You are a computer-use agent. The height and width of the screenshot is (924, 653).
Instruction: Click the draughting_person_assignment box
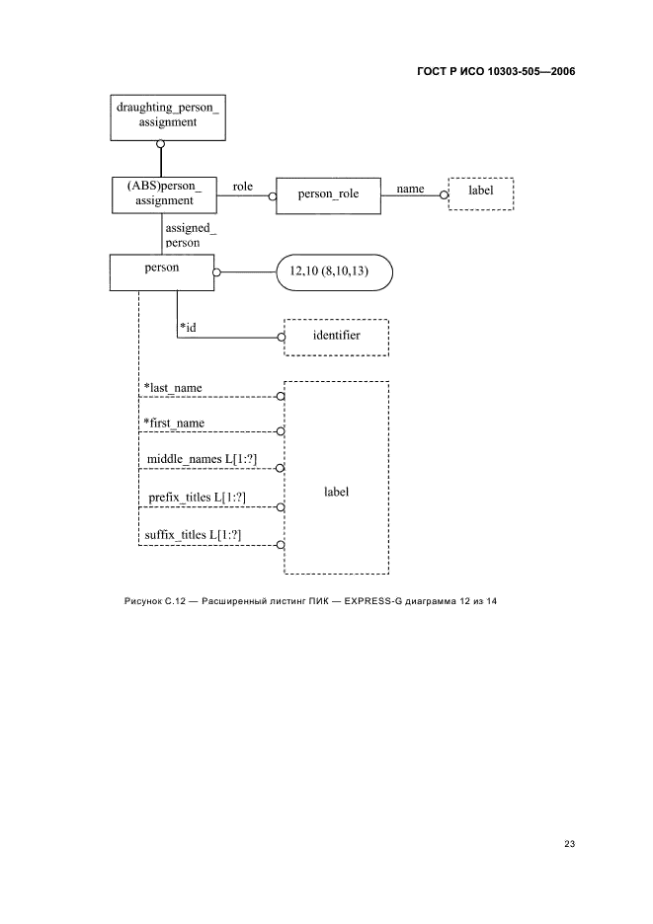click(x=162, y=116)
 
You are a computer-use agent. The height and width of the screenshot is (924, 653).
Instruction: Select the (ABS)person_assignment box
click(x=162, y=193)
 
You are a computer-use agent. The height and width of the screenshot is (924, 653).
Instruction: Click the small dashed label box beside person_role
click(x=480, y=191)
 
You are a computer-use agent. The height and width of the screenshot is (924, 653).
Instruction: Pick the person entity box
click(x=162, y=271)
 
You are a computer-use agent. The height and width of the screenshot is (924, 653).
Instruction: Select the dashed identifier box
click(x=336, y=337)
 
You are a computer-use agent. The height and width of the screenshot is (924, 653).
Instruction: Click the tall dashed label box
click(x=336, y=477)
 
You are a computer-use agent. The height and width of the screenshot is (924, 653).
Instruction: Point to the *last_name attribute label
click(x=174, y=388)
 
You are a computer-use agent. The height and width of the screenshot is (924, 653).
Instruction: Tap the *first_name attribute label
click(x=176, y=423)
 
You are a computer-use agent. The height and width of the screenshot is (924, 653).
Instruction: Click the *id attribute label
click(x=188, y=327)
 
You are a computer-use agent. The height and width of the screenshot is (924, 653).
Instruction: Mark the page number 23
click(x=569, y=843)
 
